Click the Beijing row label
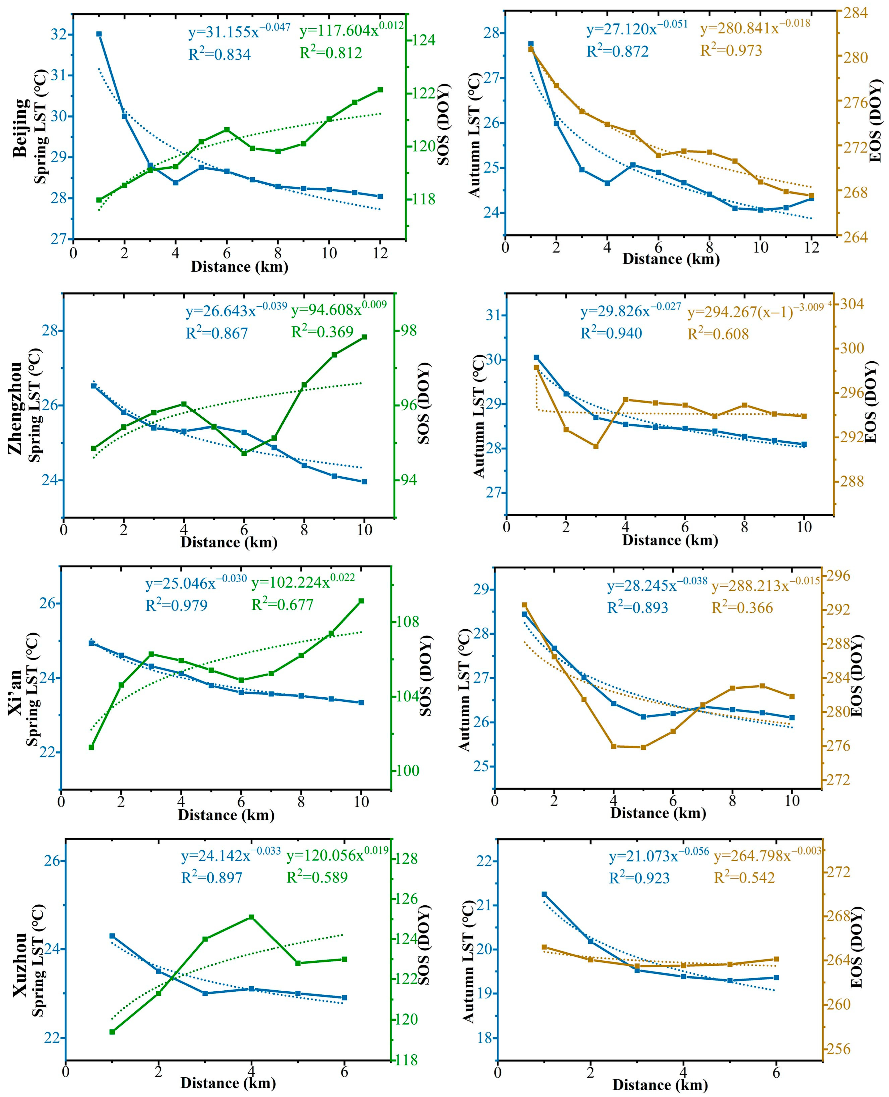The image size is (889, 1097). [x=21, y=128]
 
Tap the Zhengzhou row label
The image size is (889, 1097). [x=15, y=407]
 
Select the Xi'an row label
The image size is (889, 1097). [x=15, y=689]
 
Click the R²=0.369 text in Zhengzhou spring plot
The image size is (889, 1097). [x=322, y=332]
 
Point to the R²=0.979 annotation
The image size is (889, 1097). [x=177, y=605]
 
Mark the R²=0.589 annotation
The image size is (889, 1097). [x=317, y=877]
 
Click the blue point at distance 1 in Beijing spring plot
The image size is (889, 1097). [x=99, y=34]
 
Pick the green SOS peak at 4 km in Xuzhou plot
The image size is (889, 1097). [x=251, y=917]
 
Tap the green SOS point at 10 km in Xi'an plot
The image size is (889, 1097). [x=361, y=601]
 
